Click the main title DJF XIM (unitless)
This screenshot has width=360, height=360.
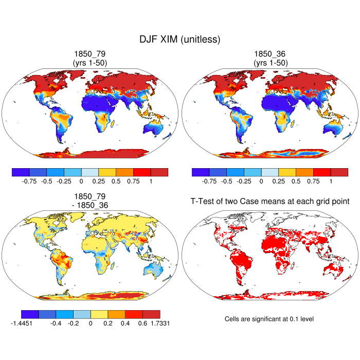coord(179,39)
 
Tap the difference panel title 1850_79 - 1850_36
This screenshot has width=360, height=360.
coord(90,201)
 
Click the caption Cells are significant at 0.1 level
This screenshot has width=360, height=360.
coord(269,319)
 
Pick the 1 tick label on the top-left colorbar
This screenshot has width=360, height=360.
coord(150,181)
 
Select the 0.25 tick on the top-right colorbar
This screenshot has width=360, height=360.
coord(278,181)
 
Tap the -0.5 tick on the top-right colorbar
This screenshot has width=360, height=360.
coord(226,181)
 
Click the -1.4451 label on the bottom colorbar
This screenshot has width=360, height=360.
coord(22,323)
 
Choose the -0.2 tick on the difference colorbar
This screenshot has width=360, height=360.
coord(73,323)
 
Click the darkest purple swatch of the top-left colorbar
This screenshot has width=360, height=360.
coord(21,172)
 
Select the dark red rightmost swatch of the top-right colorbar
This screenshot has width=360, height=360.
coord(339,172)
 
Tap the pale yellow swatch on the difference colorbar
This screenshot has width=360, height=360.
coord(99,314)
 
